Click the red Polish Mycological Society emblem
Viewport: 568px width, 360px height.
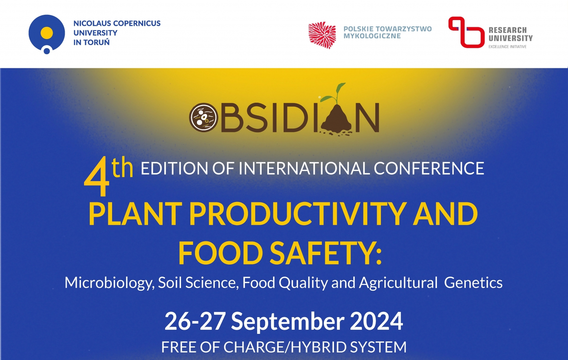pos(322,35)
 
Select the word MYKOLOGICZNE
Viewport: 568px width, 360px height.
pos(372,36)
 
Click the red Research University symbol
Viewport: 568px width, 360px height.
pos(465,32)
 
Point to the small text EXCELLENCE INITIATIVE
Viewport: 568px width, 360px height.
pos(507,47)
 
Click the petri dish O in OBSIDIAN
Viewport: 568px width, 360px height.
pos(204,117)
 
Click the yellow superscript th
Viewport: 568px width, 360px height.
pos(122,166)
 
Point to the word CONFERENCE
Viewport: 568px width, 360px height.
pos(429,168)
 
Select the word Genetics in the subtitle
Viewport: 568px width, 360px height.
pos(473,283)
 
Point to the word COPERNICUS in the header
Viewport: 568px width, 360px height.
pos(137,23)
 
